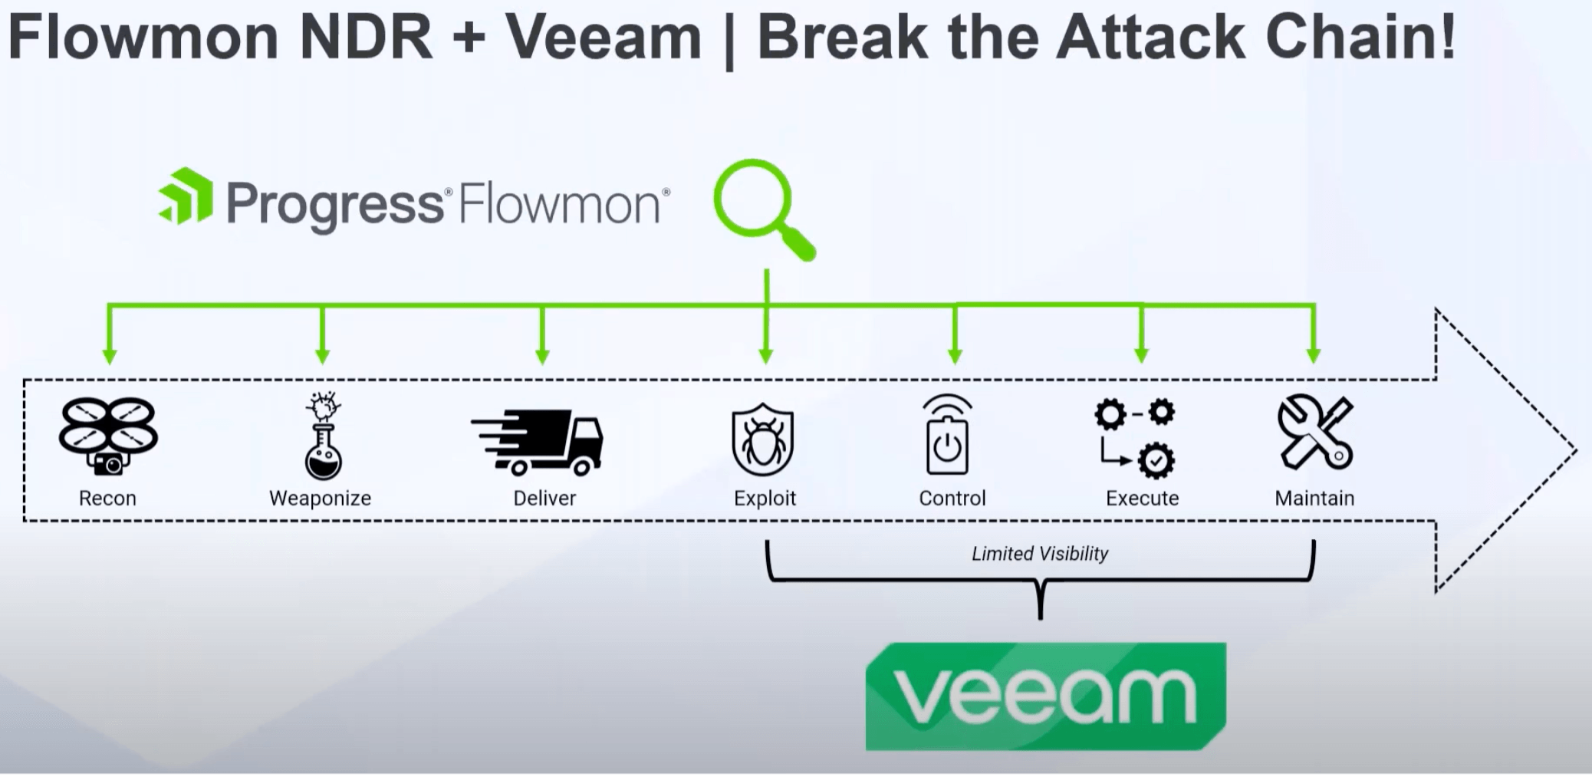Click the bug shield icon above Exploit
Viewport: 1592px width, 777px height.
[x=762, y=440]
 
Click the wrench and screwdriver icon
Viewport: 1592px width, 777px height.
[x=1315, y=433]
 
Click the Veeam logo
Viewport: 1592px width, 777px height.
[x=1045, y=696]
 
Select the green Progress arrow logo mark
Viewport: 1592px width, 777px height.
[x=186, y=196]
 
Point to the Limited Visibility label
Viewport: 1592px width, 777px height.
[x=1040, y=554]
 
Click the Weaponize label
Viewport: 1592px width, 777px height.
[x=320, y=499]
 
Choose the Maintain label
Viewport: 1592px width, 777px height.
[x=1314, y=499]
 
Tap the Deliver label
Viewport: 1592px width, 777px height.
[x=544, y=499]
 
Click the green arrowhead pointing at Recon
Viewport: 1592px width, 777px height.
[x=110, y=356]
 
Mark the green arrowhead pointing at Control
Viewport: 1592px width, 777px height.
[x=955, y=356]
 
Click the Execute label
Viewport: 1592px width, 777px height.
[x=1142, y=499]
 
